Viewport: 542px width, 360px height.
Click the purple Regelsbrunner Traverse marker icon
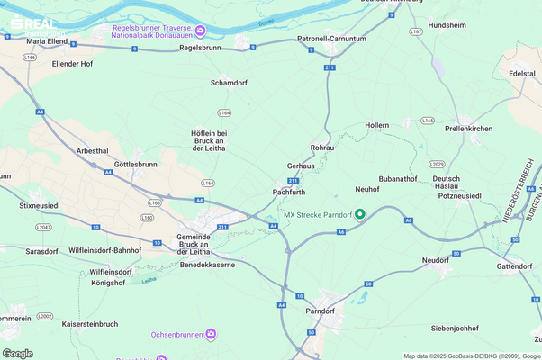[x=201, y=32]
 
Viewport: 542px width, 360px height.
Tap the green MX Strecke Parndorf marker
[x=360, y=214]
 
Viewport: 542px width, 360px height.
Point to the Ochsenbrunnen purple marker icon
[x=211, y=334]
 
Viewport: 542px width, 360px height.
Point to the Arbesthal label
[x=94, y=150]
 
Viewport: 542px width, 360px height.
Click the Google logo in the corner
[x=18, y=353]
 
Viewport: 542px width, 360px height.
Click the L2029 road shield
[x=437, y=165]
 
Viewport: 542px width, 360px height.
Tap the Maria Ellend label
[x=49, y=41]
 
